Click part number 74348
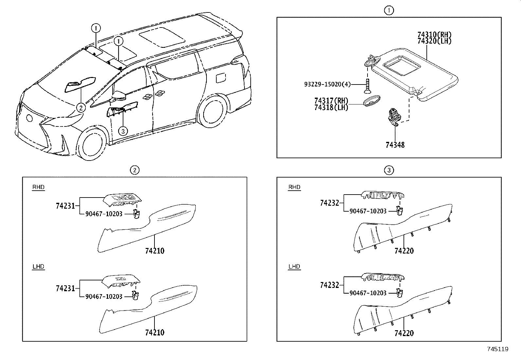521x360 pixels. (395, 145)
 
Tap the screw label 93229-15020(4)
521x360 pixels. (327, 85)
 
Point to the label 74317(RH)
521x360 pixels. (331, 101)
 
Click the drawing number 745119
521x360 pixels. (497, 349)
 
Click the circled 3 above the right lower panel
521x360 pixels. (389, 170)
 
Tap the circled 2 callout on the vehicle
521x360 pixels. (81, 107)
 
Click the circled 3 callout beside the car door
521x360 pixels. (122, 131)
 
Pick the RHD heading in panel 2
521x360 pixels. (38, 187)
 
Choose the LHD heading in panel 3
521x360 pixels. (294, 267)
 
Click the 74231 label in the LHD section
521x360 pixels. (65, 289)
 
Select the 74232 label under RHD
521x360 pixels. (330, 203)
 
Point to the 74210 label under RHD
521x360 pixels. (155, 251)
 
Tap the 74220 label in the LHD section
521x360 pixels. (404, 333)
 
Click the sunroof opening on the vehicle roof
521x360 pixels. (161, 37)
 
